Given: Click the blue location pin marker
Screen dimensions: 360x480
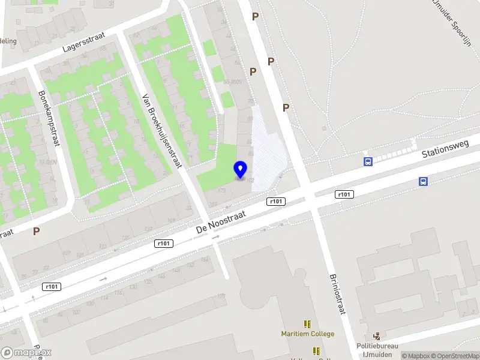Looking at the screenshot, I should click(x=241, y=170).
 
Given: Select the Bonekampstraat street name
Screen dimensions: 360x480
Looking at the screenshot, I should click(x=49, y=118).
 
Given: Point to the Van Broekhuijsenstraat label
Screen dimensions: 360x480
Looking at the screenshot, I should click(x=161, y=132).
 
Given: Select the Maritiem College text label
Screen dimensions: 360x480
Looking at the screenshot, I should click(x=308, y=334).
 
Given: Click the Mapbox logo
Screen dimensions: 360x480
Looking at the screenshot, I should click(x=26, y=353).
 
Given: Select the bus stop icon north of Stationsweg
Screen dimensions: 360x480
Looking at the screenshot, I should click(x=368, y=161).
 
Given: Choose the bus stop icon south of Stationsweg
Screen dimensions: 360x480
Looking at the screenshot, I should click(x=424, y=182).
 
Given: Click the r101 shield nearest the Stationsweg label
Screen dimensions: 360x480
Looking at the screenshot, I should click(x=344, y=194).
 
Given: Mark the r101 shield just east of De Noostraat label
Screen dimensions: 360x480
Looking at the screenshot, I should click(x=276, y=202).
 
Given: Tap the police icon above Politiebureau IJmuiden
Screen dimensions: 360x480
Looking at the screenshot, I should click(x=377, y=337).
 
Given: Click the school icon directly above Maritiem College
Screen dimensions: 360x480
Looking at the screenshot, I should click(x=308, y=323).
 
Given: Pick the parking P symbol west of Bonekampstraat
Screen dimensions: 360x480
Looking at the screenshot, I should click(x=37, y=231).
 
